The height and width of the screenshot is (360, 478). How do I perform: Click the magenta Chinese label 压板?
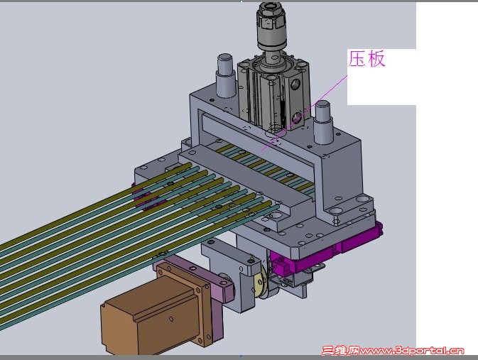click(366, 58)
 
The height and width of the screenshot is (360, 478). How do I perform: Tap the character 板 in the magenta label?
click(376, 58)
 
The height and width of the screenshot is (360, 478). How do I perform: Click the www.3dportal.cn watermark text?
click(411, 351)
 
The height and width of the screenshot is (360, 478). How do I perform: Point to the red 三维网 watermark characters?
click(340, 351)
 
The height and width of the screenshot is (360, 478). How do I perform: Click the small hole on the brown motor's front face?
click(171, 319)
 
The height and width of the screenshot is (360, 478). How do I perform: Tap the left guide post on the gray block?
click(226, 76)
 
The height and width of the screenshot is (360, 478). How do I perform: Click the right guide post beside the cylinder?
click(323, 122)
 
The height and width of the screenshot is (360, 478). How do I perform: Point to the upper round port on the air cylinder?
click(295, 84)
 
